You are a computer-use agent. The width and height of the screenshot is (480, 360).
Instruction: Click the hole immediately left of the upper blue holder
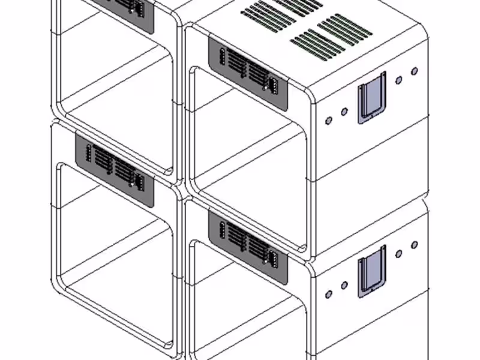point(344,112)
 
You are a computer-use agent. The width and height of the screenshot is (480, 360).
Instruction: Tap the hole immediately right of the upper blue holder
point(399,80)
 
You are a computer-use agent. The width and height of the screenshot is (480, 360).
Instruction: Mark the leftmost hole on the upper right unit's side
point(329,121)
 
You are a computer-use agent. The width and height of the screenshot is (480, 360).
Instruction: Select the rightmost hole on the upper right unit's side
point(414,71)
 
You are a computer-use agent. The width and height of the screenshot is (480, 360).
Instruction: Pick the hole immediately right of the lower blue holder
point(399,254)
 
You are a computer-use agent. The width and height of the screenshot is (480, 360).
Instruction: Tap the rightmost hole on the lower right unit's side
point(414,245)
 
